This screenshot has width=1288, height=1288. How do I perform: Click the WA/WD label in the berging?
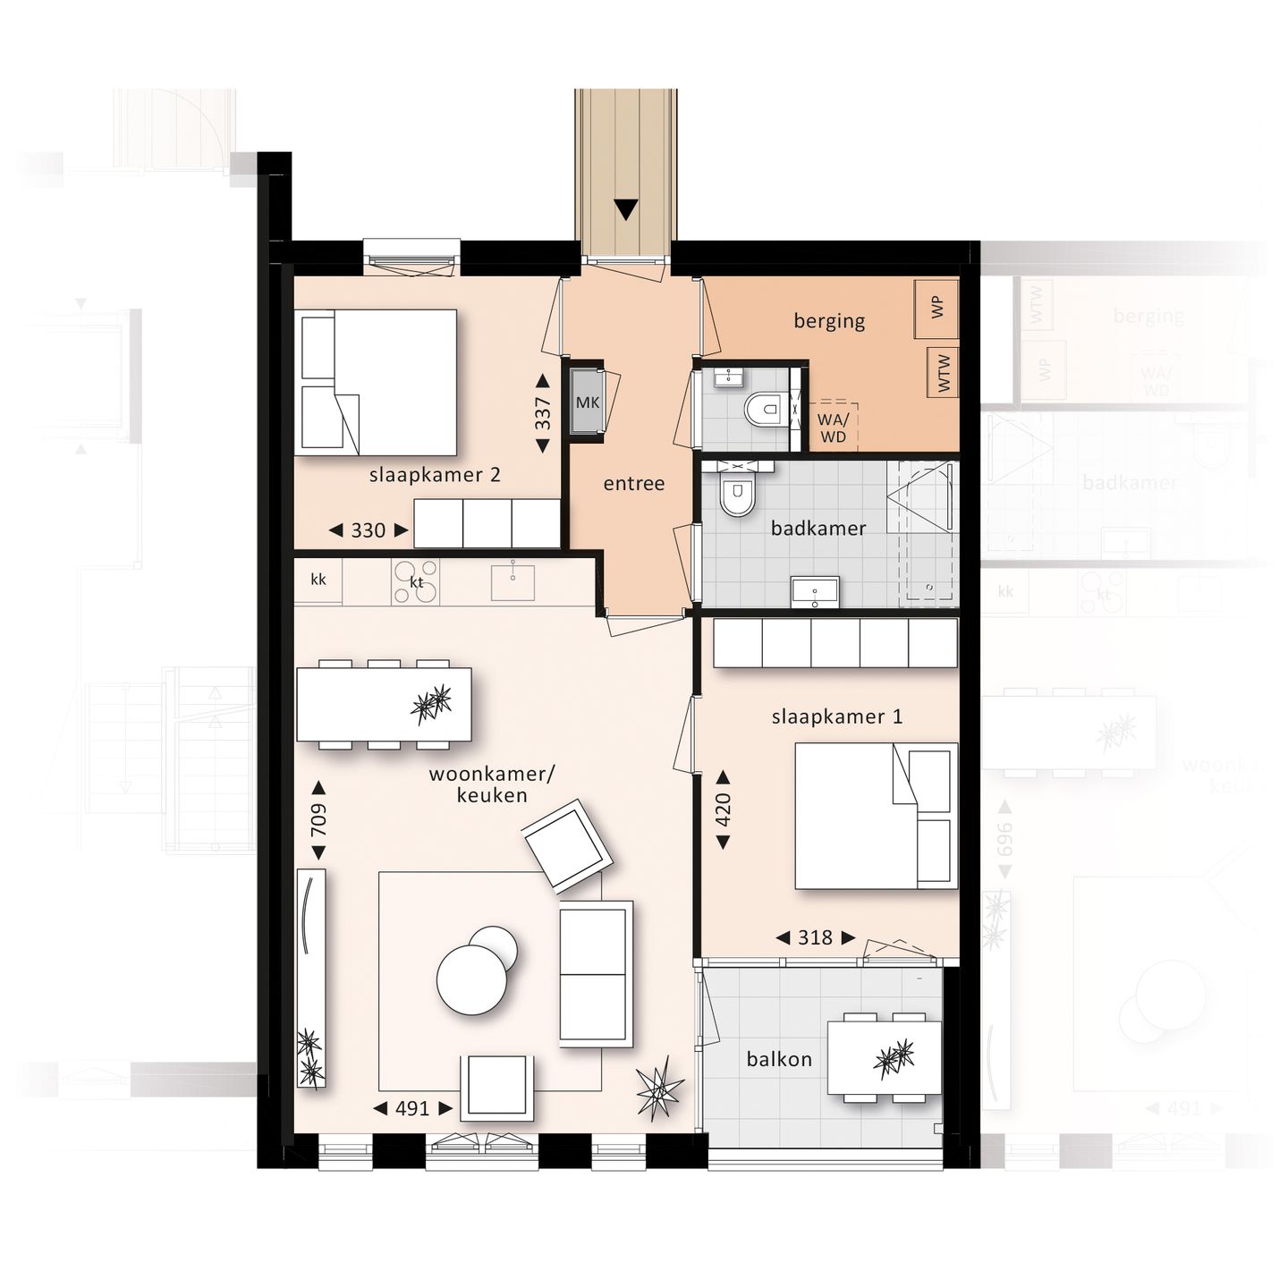833,428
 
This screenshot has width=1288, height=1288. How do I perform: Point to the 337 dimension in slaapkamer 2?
543,413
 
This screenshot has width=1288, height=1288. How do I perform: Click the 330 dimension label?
368,530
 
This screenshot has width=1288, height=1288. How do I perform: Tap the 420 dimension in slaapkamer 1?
723,809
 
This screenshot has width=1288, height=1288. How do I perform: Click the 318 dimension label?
815,937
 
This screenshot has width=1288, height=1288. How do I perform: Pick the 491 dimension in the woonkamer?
412,1108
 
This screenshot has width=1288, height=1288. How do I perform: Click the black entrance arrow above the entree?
625,210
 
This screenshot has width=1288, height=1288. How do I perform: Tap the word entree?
634,484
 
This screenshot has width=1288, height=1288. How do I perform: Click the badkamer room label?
818,529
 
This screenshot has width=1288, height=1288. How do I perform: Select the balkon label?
779,1060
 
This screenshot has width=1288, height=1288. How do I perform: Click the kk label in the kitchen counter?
318,580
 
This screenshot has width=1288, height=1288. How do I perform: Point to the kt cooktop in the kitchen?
416,582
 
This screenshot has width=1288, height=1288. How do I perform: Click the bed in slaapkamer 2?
377,382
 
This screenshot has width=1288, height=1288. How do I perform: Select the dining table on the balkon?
884,1058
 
